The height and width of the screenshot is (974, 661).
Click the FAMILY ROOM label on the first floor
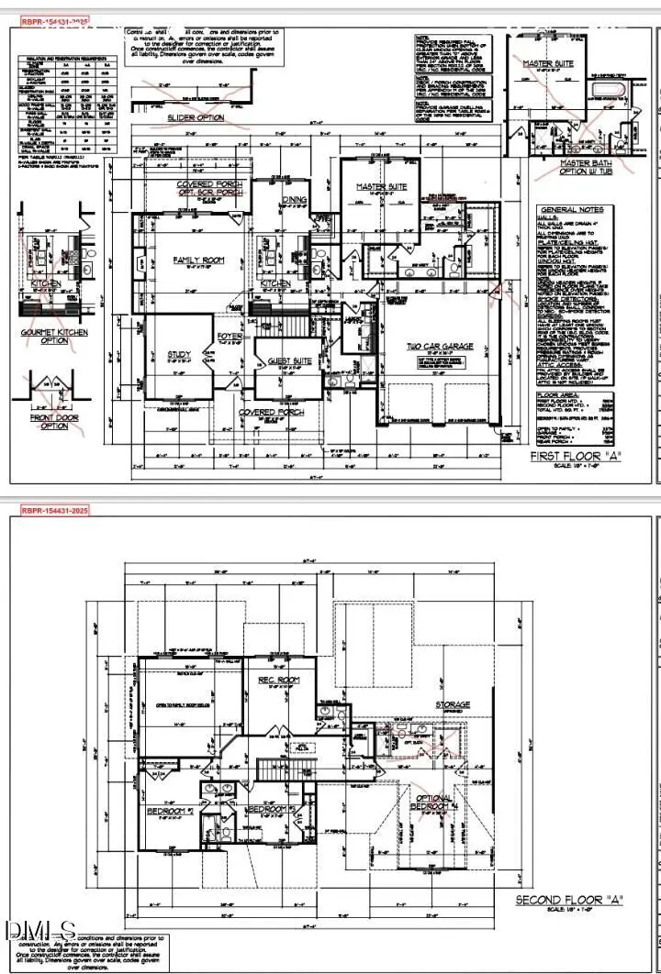198,260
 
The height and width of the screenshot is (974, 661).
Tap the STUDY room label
178,354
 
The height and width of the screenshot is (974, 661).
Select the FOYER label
229,337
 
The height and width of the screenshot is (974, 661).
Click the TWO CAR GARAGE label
441,347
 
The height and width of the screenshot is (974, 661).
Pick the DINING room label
295,199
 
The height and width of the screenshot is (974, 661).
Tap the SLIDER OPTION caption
196,117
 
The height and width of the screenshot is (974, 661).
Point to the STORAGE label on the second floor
453,704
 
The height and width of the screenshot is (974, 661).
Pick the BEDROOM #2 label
169,811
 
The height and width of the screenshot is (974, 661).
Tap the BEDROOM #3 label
270,810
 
